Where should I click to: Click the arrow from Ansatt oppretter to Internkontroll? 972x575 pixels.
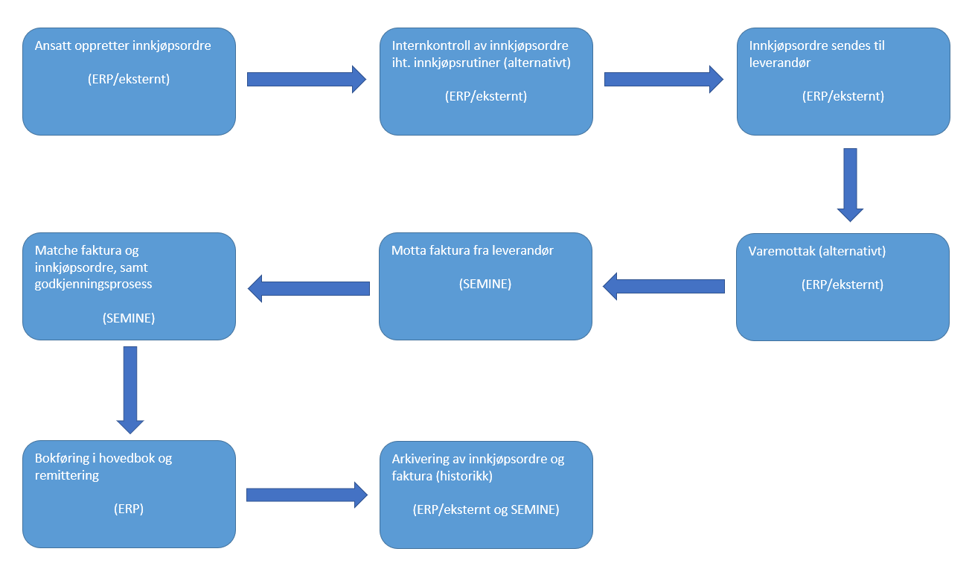(306, 79)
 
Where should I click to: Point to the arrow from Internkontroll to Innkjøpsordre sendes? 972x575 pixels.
(663, 79)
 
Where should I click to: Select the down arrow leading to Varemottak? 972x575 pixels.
(850, 184)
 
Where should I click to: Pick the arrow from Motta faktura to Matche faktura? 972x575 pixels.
(308, 288)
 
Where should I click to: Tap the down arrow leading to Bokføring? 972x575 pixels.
(130, 390)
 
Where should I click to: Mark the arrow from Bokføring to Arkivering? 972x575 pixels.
(306, 495)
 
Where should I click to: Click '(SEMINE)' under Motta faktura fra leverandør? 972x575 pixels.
(485, 284)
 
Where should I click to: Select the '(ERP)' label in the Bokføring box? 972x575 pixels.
(129, 509)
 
